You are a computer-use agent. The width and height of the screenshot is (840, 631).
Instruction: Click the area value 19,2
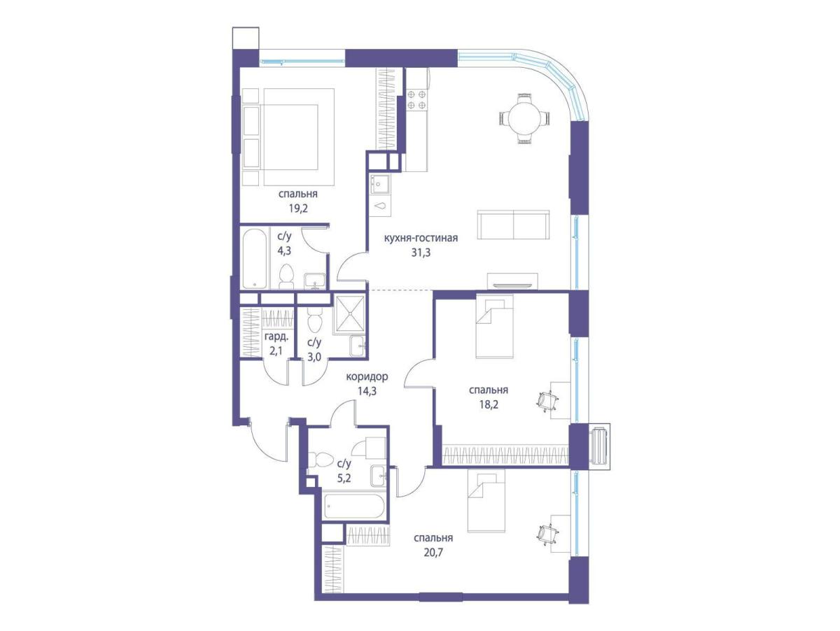298,208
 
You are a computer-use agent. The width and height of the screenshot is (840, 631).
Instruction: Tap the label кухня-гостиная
421,238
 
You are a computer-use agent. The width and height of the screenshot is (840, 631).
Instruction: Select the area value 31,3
421,253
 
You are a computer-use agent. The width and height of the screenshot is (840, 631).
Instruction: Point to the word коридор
367,376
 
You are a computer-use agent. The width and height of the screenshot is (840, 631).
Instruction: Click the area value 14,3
367,391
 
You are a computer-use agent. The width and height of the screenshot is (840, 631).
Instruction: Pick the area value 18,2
489,404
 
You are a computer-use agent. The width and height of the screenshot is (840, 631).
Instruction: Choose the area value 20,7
433,553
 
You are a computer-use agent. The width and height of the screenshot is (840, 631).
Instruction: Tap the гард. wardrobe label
276,337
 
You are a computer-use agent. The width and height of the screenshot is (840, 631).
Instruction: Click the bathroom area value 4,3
284,251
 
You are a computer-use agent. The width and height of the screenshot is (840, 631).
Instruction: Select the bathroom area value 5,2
344,478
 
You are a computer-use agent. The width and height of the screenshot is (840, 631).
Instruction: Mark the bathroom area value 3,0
314,357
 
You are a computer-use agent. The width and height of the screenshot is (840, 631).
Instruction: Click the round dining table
524,119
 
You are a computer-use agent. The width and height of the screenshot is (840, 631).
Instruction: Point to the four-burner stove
416,99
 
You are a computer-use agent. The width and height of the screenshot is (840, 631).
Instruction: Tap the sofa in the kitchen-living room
513,225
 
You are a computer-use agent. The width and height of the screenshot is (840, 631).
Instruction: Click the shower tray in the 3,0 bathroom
349,314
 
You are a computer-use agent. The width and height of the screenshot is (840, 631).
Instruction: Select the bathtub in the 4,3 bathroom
255,259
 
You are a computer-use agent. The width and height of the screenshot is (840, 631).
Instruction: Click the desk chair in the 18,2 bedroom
547,401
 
